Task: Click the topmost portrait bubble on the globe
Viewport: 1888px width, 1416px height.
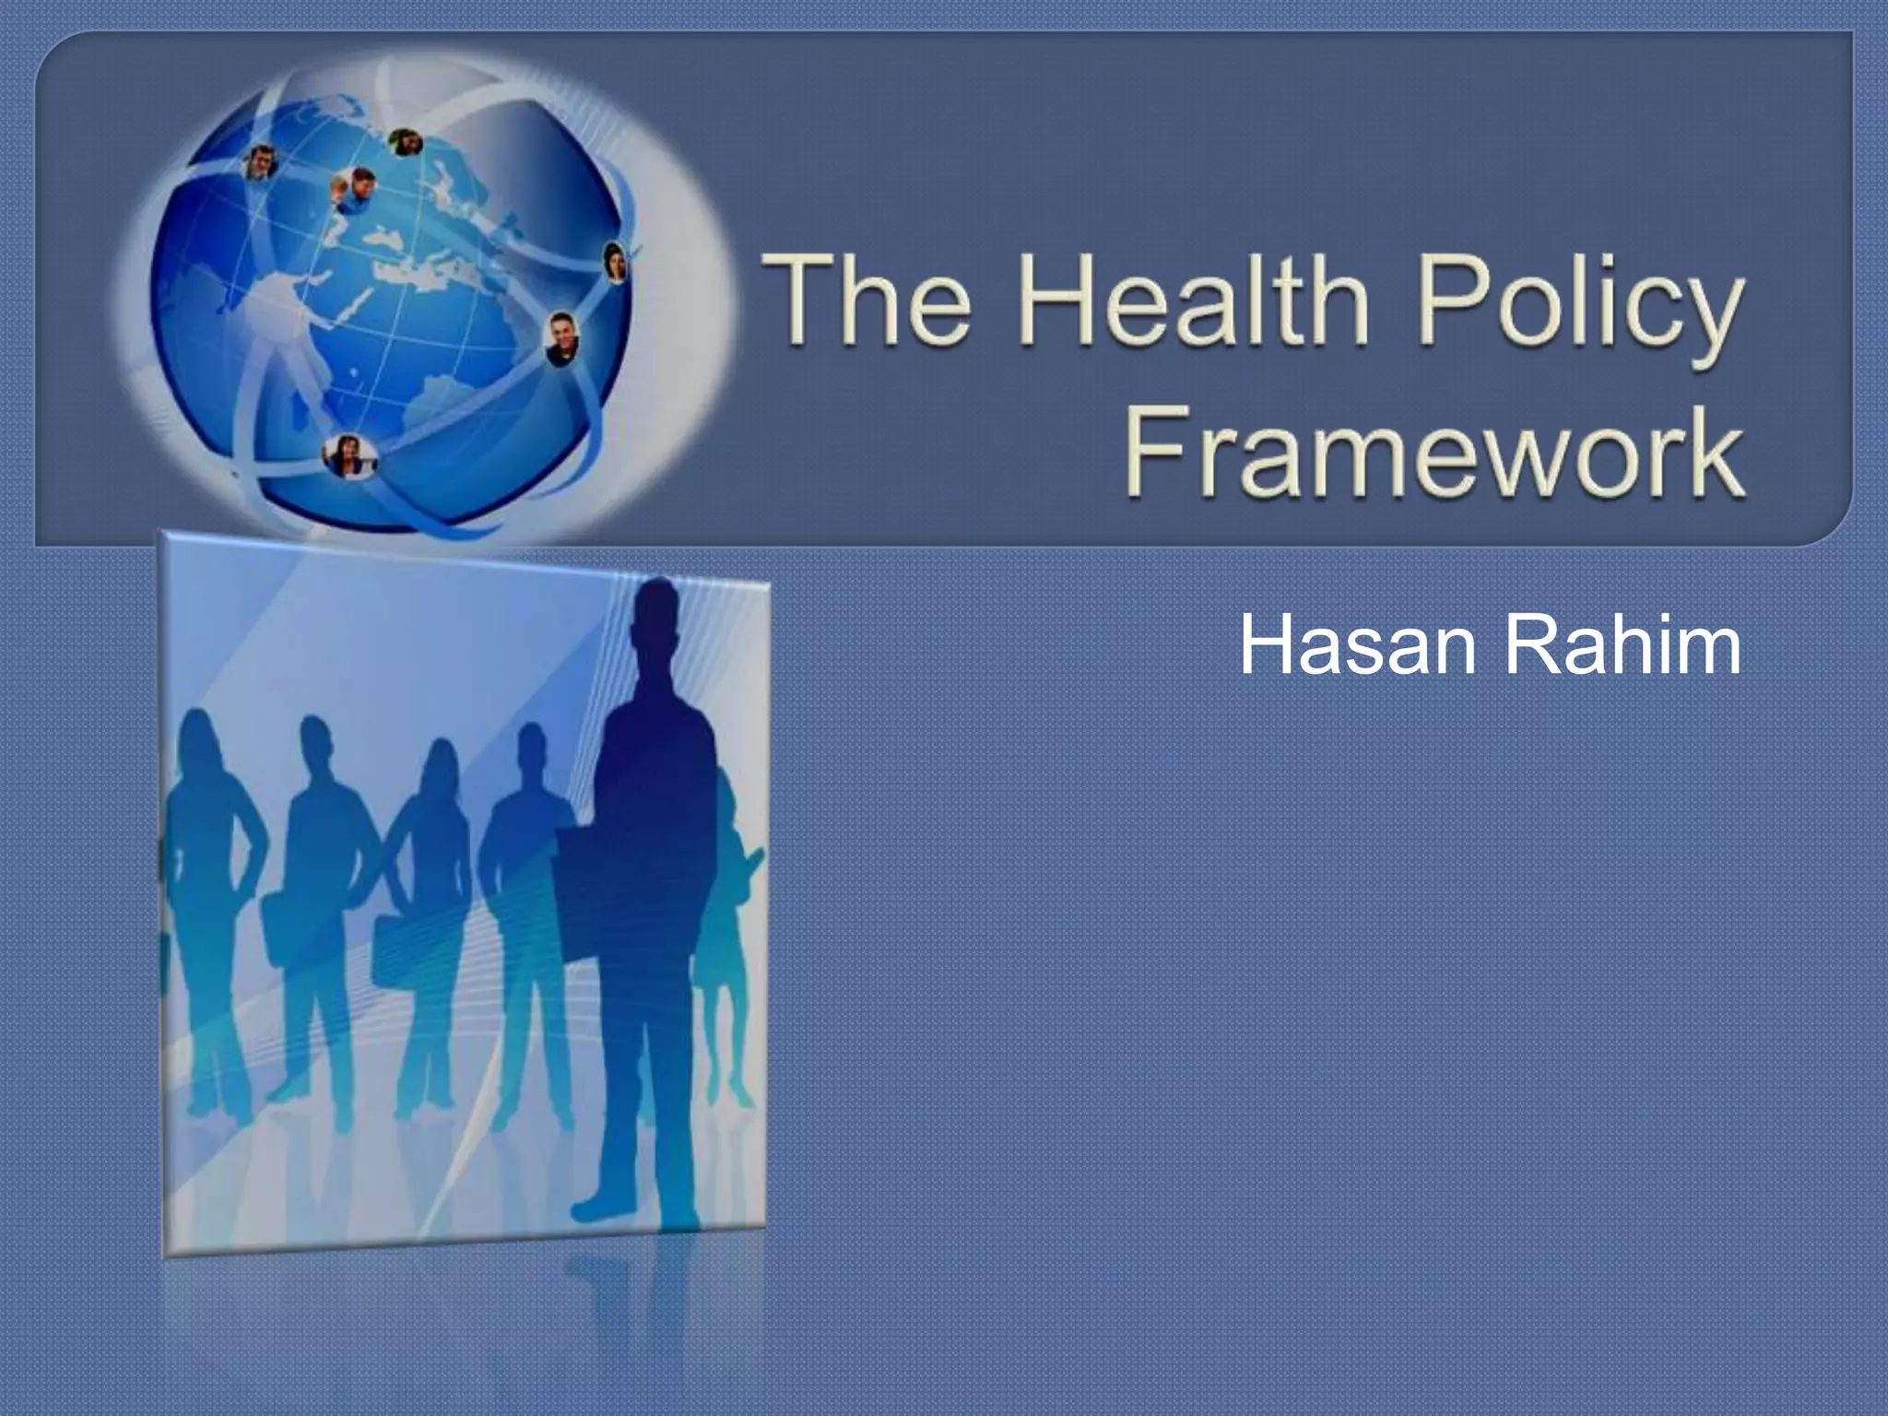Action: (404, 143)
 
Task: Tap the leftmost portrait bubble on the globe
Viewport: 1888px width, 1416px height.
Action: (261, 163)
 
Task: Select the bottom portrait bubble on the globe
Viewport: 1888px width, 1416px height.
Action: (348, 455)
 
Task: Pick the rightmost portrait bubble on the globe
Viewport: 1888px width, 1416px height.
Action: (615, 262)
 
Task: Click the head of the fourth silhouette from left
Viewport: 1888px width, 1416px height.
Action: (532, 751)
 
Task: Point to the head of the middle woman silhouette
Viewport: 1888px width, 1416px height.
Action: (440, 765)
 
